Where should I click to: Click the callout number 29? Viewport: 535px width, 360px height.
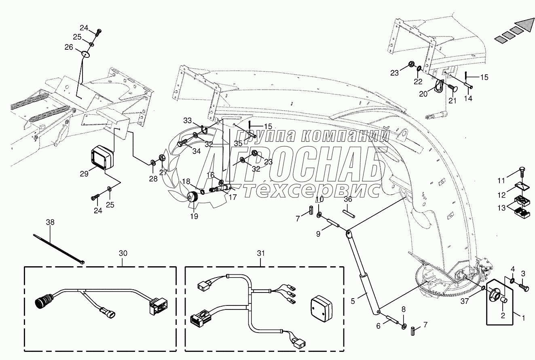[84, 174]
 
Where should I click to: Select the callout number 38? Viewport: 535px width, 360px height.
[50, 222]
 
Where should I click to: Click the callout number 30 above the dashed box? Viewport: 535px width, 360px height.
[123, 253]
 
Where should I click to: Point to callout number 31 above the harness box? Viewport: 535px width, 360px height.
[261, 253]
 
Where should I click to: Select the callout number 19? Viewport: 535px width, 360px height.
[194, 216]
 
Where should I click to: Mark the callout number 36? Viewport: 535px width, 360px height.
[348, 199]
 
